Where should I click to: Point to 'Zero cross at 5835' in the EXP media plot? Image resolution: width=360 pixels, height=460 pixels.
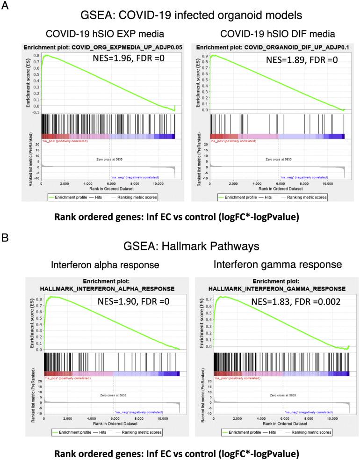coord(97,160)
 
